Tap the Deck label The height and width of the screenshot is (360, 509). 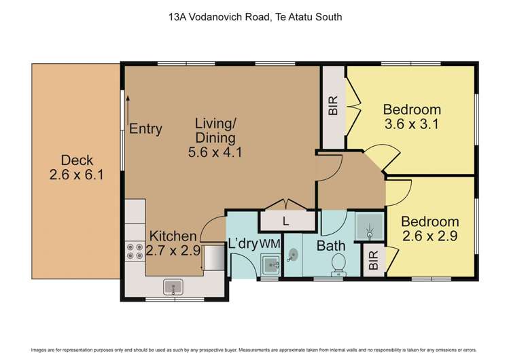coord(77,160)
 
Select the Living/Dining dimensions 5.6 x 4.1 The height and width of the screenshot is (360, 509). coord(215,152)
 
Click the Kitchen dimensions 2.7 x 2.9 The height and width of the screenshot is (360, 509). coord(173,251)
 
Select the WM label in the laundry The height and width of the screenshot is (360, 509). coord(270,243)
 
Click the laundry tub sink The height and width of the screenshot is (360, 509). coord(270,265)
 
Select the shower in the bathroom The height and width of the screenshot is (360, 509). coord(368,226)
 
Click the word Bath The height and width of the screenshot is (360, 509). coord(331,245)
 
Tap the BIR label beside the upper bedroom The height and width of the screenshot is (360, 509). coord(332,108)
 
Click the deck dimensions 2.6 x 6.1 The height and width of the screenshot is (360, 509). coord(77,175)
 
